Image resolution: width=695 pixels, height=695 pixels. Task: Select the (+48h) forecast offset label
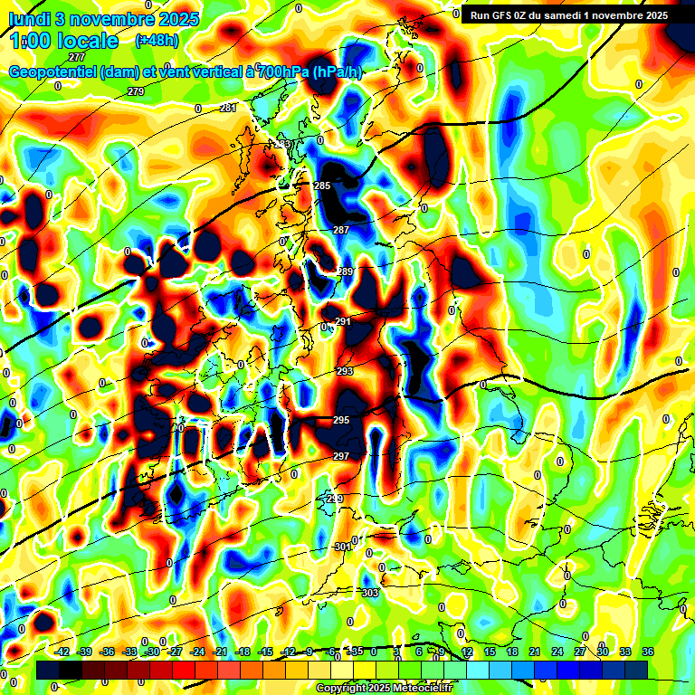156,40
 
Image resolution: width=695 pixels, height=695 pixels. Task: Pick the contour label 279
136,91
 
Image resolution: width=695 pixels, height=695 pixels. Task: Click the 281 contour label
228,108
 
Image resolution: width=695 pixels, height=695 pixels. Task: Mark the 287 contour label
341,231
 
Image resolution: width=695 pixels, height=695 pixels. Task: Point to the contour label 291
344,321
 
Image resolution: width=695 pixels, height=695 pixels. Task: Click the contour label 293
345,371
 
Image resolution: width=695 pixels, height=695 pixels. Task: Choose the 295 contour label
341,421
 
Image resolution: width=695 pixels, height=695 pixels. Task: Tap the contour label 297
341,456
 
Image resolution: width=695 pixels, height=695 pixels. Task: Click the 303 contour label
370,593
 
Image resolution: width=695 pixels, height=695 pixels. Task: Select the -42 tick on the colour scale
63,652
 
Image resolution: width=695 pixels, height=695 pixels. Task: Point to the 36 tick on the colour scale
647,652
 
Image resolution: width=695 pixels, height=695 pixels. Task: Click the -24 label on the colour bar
198,652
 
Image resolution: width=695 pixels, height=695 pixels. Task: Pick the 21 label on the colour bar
535,652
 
